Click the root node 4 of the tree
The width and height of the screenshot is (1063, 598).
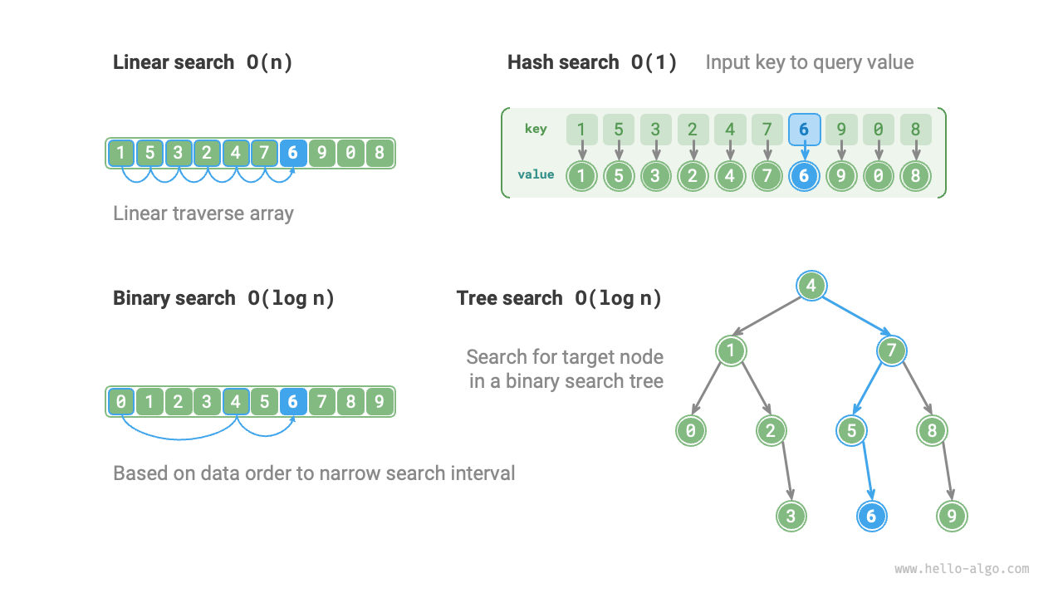point(811,287)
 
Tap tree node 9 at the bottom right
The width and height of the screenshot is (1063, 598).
point(952,516)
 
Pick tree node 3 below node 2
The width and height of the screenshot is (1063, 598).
point(791,516)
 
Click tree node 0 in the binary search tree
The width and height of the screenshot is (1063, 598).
point(690,430)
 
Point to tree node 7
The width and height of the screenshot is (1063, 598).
point(891,350)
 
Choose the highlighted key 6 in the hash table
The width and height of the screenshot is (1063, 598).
point(804,130)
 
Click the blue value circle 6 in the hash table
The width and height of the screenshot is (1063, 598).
point(804,175)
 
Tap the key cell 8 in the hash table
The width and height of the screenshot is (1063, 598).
point(915,130)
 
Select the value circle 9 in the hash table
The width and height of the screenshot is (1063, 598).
point(841,175)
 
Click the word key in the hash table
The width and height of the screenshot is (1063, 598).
point(536,129)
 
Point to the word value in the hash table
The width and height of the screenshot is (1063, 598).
point(536,174)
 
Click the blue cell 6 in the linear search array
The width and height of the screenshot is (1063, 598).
point(292,153)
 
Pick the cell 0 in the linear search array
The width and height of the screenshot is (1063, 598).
point(350,153)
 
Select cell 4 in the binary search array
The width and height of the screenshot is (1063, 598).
point(236,402)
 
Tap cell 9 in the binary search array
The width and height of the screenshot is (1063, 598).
point(379,402)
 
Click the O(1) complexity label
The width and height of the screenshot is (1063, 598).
point(654,62)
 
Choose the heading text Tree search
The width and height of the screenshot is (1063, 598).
point(509,298)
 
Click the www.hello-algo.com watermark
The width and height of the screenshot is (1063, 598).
point(962,569)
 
